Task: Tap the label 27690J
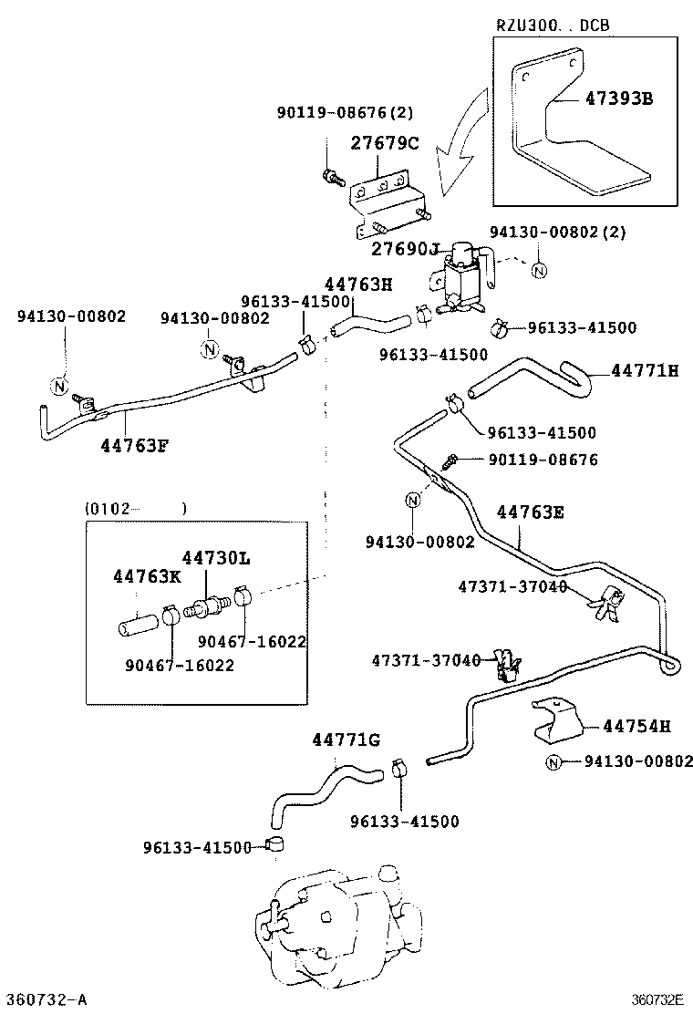pos(406,248)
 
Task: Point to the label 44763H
pos(358,284)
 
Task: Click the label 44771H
pos(646,370)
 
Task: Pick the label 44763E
pos(530,512)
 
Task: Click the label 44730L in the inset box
pos(215,557)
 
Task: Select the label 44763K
pos(147,576)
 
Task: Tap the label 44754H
pos(636,726)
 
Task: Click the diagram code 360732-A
pos(46,999)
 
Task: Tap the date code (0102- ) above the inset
pos(135,508)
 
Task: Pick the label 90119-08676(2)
pos(345,113)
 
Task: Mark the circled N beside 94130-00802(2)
pos(538,270)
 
